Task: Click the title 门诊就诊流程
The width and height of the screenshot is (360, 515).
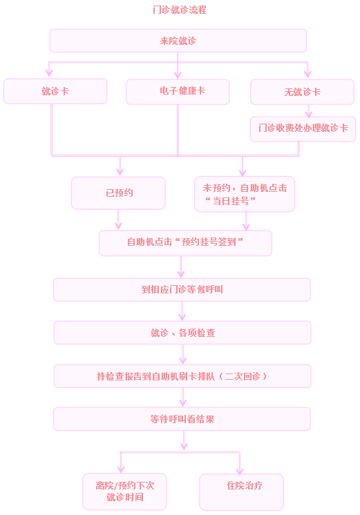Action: [x=180, y=10]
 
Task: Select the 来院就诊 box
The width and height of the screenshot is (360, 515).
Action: [x=178, y=41]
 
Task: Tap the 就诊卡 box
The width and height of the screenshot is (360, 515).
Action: [x=55, y=91]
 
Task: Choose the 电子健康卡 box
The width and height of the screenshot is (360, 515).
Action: [x=178, y=92]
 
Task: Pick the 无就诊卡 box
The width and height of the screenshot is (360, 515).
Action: [x=302, y=92]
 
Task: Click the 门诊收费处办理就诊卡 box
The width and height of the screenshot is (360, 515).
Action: [x=303, y=129]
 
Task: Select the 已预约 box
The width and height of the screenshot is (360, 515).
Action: [x=118, y=193]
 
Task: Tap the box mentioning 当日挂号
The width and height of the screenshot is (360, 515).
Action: [x=245, y=194]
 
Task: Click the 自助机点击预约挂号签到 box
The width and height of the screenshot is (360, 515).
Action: [x=185, y=243]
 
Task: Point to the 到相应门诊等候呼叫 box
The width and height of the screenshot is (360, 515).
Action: [x=182, y=290]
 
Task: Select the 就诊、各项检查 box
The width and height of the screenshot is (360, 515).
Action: [x=182, y=333]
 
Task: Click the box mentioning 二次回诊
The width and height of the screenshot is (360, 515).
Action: [x=182, y=376]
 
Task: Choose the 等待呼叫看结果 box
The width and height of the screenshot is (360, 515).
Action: [x=182, y=419]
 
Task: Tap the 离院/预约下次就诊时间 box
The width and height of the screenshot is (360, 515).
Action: [x=124, y=492]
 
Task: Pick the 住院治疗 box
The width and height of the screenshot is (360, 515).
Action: [x=241, y=492]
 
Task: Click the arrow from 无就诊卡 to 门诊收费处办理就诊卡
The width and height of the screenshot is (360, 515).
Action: [x=308, y=111]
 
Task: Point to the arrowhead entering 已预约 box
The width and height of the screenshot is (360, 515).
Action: [x=120, y=171]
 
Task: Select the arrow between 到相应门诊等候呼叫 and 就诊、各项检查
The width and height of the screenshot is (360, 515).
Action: [x=182, y=311]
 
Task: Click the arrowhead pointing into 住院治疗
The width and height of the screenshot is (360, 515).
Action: [x=240, y=471]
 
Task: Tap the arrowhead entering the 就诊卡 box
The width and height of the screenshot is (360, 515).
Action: [x=49, y=73]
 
